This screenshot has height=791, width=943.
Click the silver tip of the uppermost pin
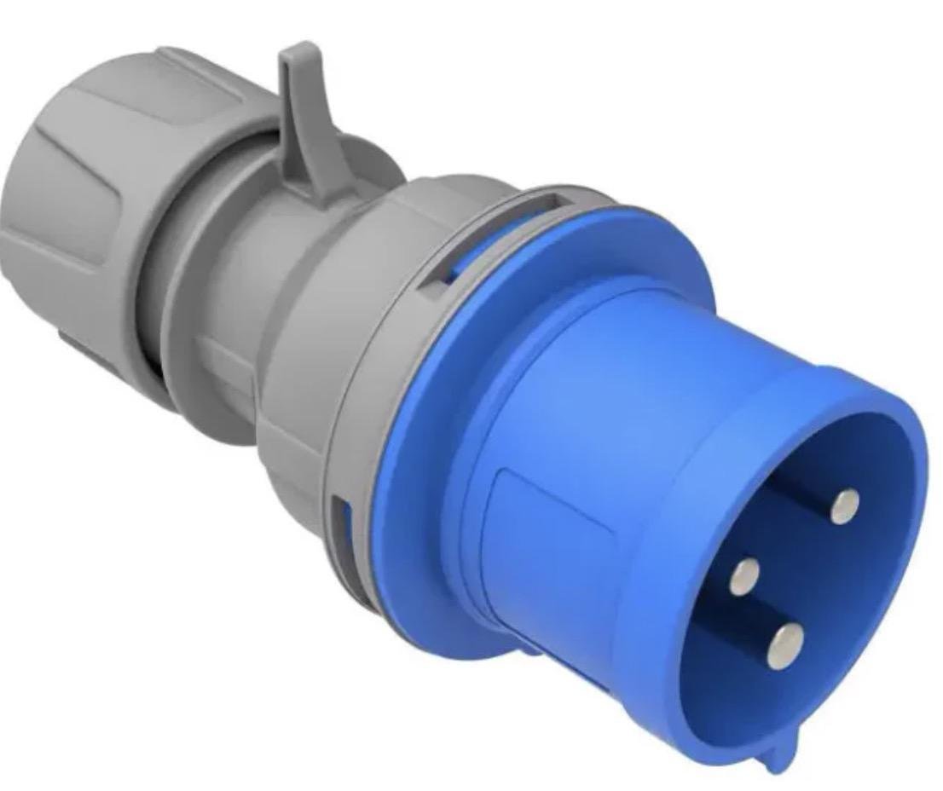click(844, 505)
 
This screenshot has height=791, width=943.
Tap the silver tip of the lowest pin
click(785, 645)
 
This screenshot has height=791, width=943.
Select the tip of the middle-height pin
click(744, 577)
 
